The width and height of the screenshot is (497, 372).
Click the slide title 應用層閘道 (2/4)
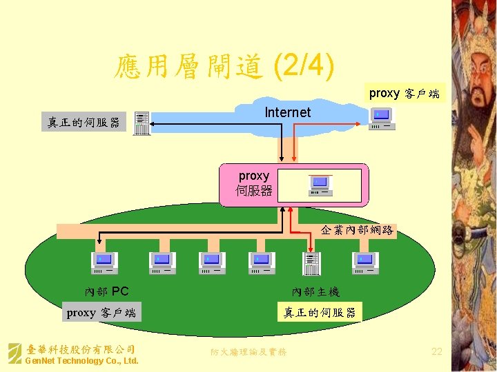(225, 68)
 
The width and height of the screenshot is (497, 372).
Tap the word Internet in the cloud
(288, 112)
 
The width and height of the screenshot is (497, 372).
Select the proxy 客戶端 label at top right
(404, 93)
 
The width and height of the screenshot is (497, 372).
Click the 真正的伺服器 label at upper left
(84, 123)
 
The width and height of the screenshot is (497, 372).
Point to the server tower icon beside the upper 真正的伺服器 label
(142, 123)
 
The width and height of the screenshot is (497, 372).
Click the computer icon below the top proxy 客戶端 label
(382, 118)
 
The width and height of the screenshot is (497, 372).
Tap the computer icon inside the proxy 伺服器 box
(320, 185)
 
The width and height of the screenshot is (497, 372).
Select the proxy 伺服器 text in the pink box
(253, 183)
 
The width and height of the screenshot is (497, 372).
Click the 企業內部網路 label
(357, 231)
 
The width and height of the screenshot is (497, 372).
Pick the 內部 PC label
(106, 292)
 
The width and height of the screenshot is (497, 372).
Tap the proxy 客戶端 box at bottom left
(101, 313)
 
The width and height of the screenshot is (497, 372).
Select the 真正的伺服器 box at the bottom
(320, 313)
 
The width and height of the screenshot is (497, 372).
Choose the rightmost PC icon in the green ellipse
(366, 262)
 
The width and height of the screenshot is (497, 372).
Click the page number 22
(436, 351)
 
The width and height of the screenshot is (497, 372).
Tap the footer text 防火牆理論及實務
(248, 352)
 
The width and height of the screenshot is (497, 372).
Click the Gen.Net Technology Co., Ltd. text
(81, 361)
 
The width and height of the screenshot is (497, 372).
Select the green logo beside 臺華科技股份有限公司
(14, 353)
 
